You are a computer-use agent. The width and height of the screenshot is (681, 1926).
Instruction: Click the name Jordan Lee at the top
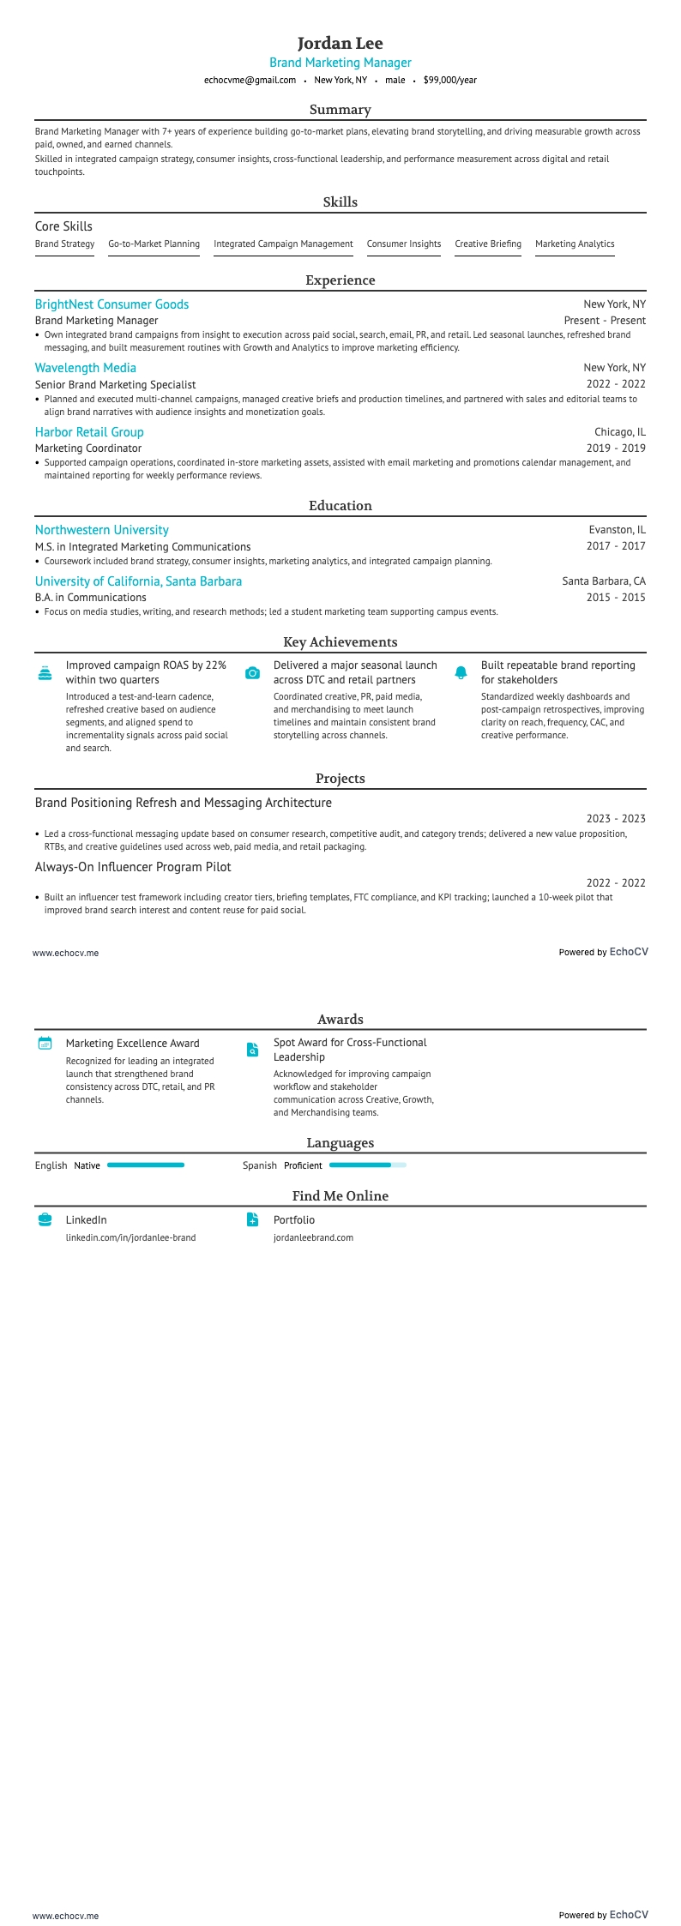coord(340,43)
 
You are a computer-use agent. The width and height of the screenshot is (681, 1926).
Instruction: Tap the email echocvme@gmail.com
coord(250,80)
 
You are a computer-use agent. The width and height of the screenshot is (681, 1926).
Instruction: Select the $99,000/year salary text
coord(449,80)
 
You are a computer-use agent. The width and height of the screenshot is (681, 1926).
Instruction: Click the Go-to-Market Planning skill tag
coord(154,244)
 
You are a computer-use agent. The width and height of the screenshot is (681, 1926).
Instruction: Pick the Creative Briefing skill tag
coord(487,244)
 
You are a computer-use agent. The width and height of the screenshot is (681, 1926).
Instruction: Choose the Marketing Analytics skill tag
coord(575,244)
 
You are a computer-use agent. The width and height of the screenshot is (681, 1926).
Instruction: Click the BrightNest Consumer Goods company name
coord(111,304)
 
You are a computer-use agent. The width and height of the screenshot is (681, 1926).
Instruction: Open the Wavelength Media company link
coord(85,368)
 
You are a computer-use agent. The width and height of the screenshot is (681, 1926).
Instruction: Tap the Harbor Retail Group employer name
coord(89,432)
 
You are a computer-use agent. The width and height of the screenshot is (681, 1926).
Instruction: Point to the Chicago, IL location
coord(619,432)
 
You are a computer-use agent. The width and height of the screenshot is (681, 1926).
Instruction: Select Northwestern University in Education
coord(101,530)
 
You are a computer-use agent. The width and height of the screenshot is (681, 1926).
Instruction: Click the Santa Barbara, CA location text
coord(603,581)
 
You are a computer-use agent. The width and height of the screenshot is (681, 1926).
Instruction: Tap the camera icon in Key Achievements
coord(252,673)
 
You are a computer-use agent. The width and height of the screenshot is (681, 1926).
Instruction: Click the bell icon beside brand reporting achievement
coord(461,673)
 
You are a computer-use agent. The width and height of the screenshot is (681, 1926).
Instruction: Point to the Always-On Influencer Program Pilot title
coord(133,867)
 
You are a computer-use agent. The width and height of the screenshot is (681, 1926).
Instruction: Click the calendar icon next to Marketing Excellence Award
coord(45,1044)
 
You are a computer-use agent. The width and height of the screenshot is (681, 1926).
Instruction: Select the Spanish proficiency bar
coord(367,1165)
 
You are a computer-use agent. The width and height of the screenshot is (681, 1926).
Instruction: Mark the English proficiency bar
coord(145,1165)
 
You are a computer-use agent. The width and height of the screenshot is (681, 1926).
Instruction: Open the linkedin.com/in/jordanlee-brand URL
coord(130,1237)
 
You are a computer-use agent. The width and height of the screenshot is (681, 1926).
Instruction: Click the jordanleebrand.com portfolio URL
coord(313,1237)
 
